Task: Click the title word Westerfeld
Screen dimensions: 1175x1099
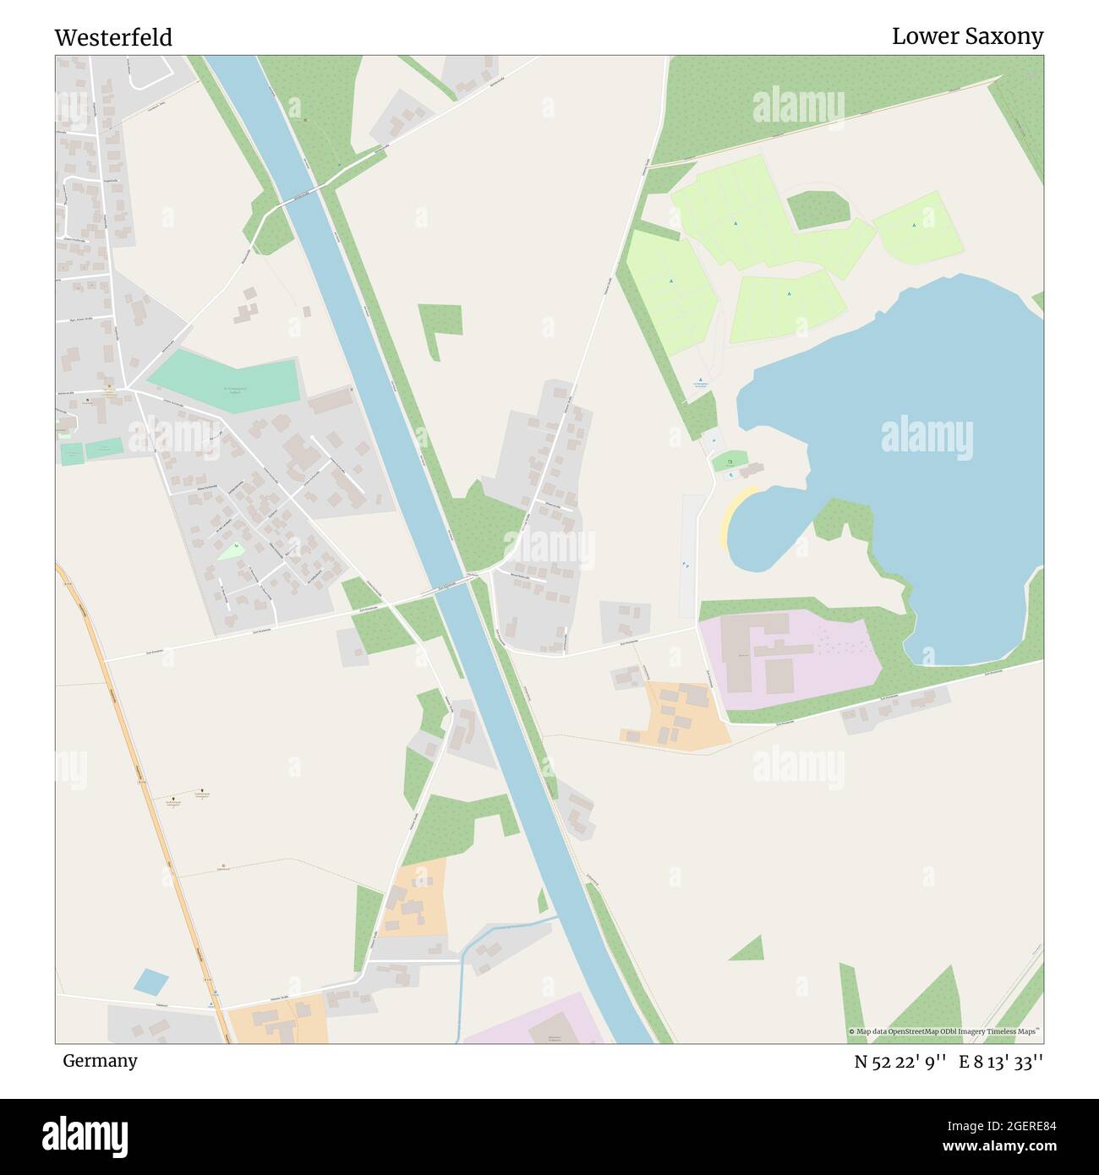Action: point(113,37)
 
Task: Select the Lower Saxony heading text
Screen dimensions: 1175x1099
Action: point(967,36)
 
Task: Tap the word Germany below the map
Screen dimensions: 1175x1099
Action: point(100,1061)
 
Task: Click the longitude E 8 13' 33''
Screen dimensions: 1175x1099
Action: point(1001,1062)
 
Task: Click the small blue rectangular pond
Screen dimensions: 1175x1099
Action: point(151,981)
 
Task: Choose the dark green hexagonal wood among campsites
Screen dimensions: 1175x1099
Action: point(817,210)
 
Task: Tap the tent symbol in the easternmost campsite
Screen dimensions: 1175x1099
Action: point(914,225)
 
